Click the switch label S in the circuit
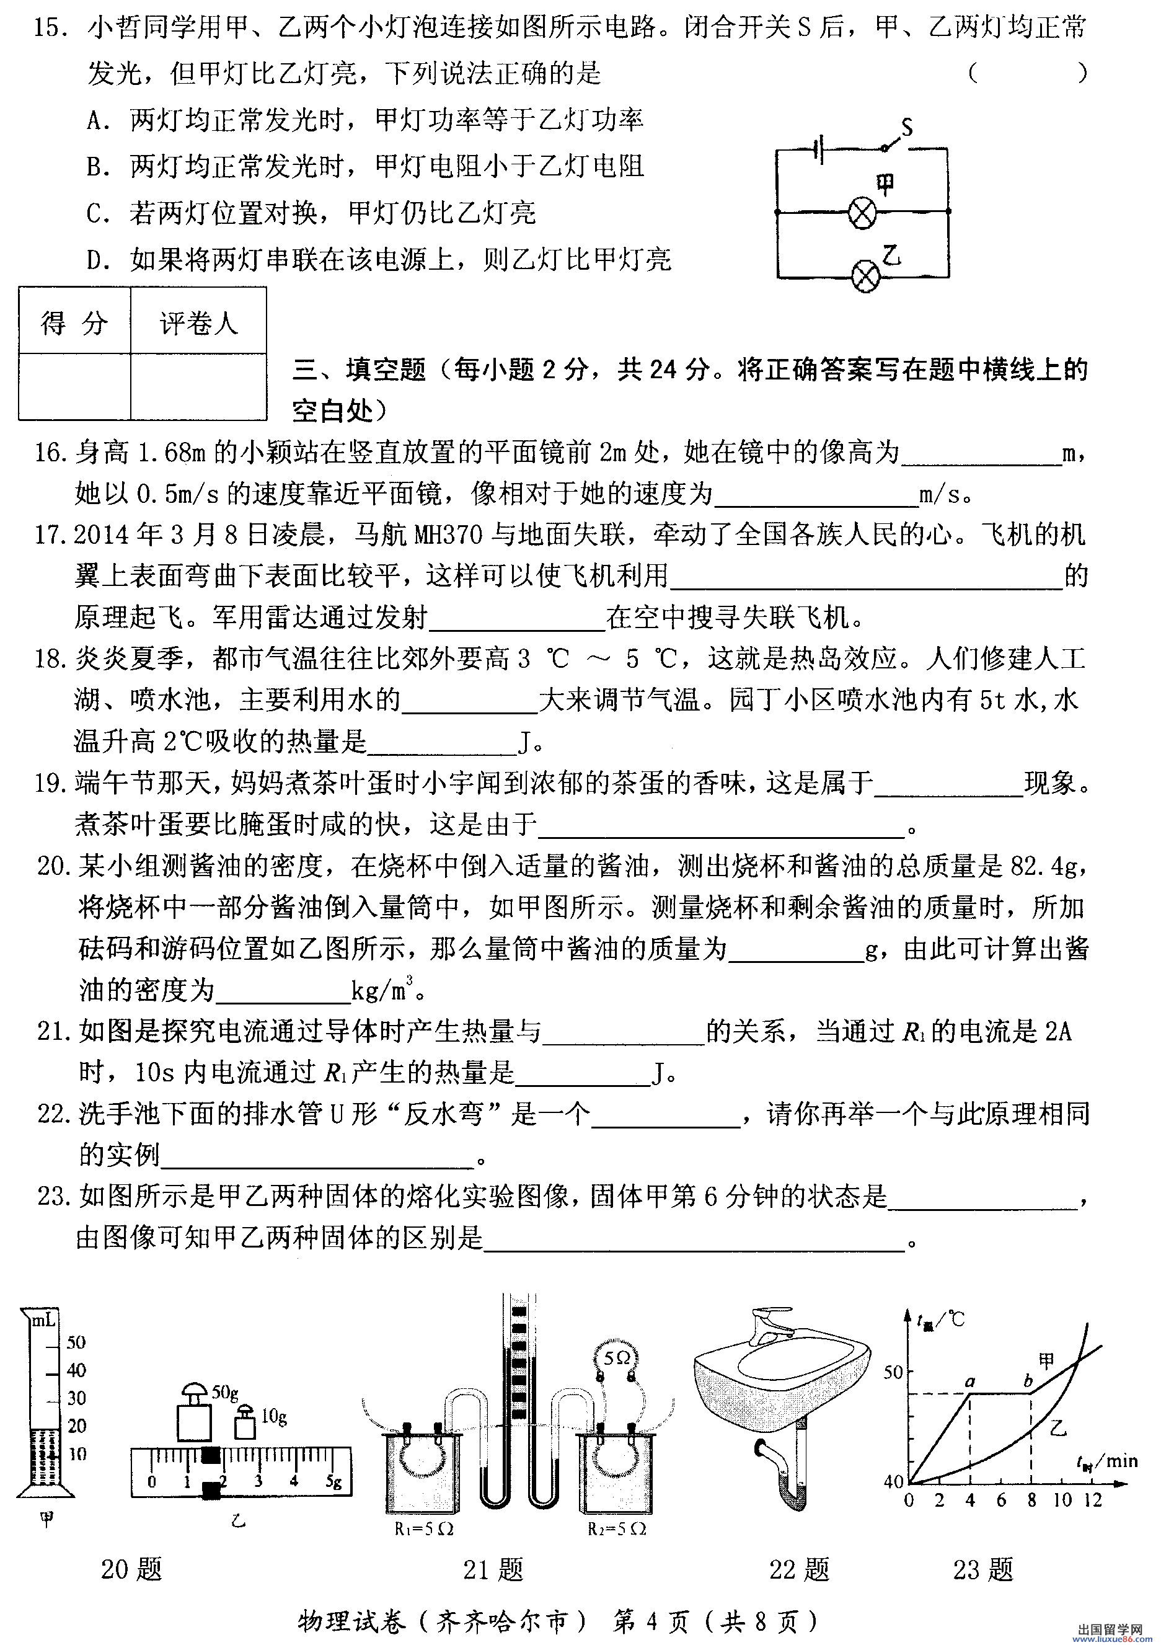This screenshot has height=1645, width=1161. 907,128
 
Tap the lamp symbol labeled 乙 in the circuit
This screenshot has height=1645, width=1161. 865,276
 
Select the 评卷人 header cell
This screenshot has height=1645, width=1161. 198,322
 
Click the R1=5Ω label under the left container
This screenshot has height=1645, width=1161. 424,1528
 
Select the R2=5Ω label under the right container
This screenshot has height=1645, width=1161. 617,1528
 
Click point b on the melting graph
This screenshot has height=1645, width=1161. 1028,1381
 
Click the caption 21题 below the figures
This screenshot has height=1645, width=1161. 493,1569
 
